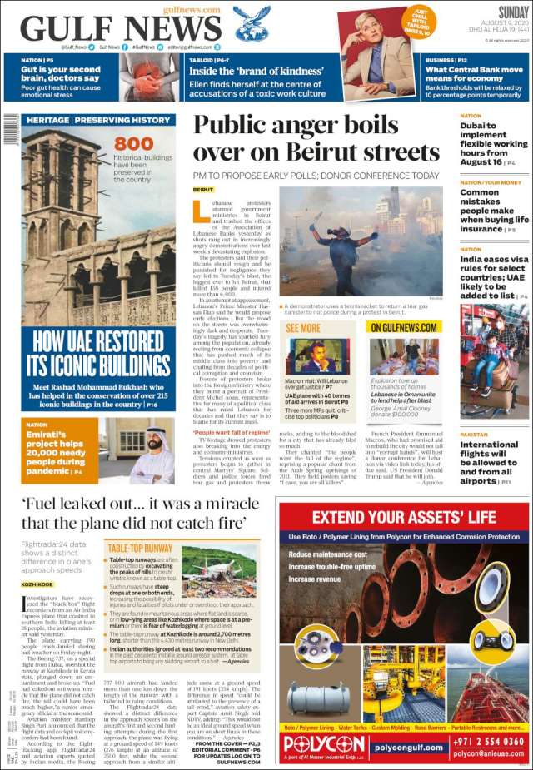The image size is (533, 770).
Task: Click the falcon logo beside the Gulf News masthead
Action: (x=252, y=24)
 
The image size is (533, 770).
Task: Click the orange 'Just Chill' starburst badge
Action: (x=417, y=22)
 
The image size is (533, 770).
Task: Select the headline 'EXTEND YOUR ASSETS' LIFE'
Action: (x=402, y=516)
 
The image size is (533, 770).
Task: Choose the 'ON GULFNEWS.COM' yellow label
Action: (x=405, y=328)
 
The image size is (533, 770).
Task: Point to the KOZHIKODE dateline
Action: (x=37, y=585)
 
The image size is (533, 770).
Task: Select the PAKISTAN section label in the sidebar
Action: (x=474, y=435)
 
